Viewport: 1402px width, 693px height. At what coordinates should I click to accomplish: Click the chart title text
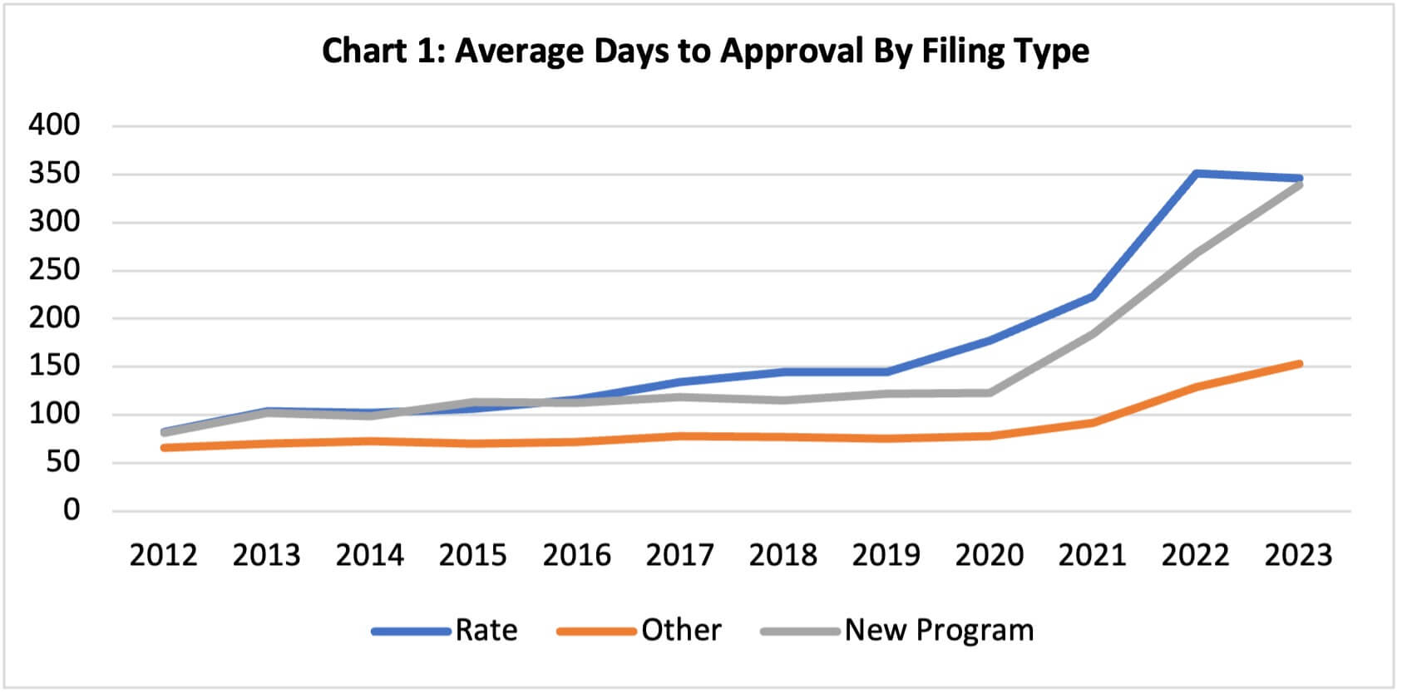(x=705, y=51)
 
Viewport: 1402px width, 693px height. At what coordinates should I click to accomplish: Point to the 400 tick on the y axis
(x=54, y=125)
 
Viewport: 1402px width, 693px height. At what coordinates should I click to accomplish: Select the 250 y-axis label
(x=54, y=270)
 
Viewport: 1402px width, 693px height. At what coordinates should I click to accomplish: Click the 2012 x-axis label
(x=163, y=555)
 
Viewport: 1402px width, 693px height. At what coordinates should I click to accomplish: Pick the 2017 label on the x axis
(x=679, y=555)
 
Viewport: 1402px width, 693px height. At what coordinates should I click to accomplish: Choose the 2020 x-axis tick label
(x=989, y=555)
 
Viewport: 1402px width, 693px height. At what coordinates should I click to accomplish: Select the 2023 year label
(x=1298, y=555)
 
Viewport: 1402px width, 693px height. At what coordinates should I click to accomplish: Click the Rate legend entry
(x=486, y=631)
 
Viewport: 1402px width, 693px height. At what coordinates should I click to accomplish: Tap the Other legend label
(x=680, y=631)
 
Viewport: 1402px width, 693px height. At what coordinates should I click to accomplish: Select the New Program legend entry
(x=939, y=631)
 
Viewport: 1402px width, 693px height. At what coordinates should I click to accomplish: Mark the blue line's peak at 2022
(x=1195, y=174)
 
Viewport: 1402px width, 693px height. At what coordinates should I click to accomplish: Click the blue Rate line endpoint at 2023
(x=1298, y=179)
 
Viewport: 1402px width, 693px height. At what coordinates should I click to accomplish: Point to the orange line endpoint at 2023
(x=1298, y=364)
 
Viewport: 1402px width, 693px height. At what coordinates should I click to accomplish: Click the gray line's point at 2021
(x=1092, y=334)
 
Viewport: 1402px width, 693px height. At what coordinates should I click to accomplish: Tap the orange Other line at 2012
(x=164, y=448)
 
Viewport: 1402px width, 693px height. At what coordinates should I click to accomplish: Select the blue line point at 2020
(x=990, y=341)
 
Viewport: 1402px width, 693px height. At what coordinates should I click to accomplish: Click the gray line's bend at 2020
(x=990, y=393)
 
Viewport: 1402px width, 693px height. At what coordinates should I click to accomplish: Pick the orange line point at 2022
(x=1195, y=387)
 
